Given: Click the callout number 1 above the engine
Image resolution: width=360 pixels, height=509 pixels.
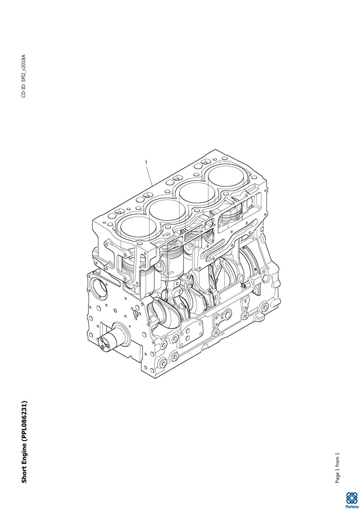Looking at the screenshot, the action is pos(146,162).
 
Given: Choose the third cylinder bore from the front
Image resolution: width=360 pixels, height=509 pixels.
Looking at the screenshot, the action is pos(197,194).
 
